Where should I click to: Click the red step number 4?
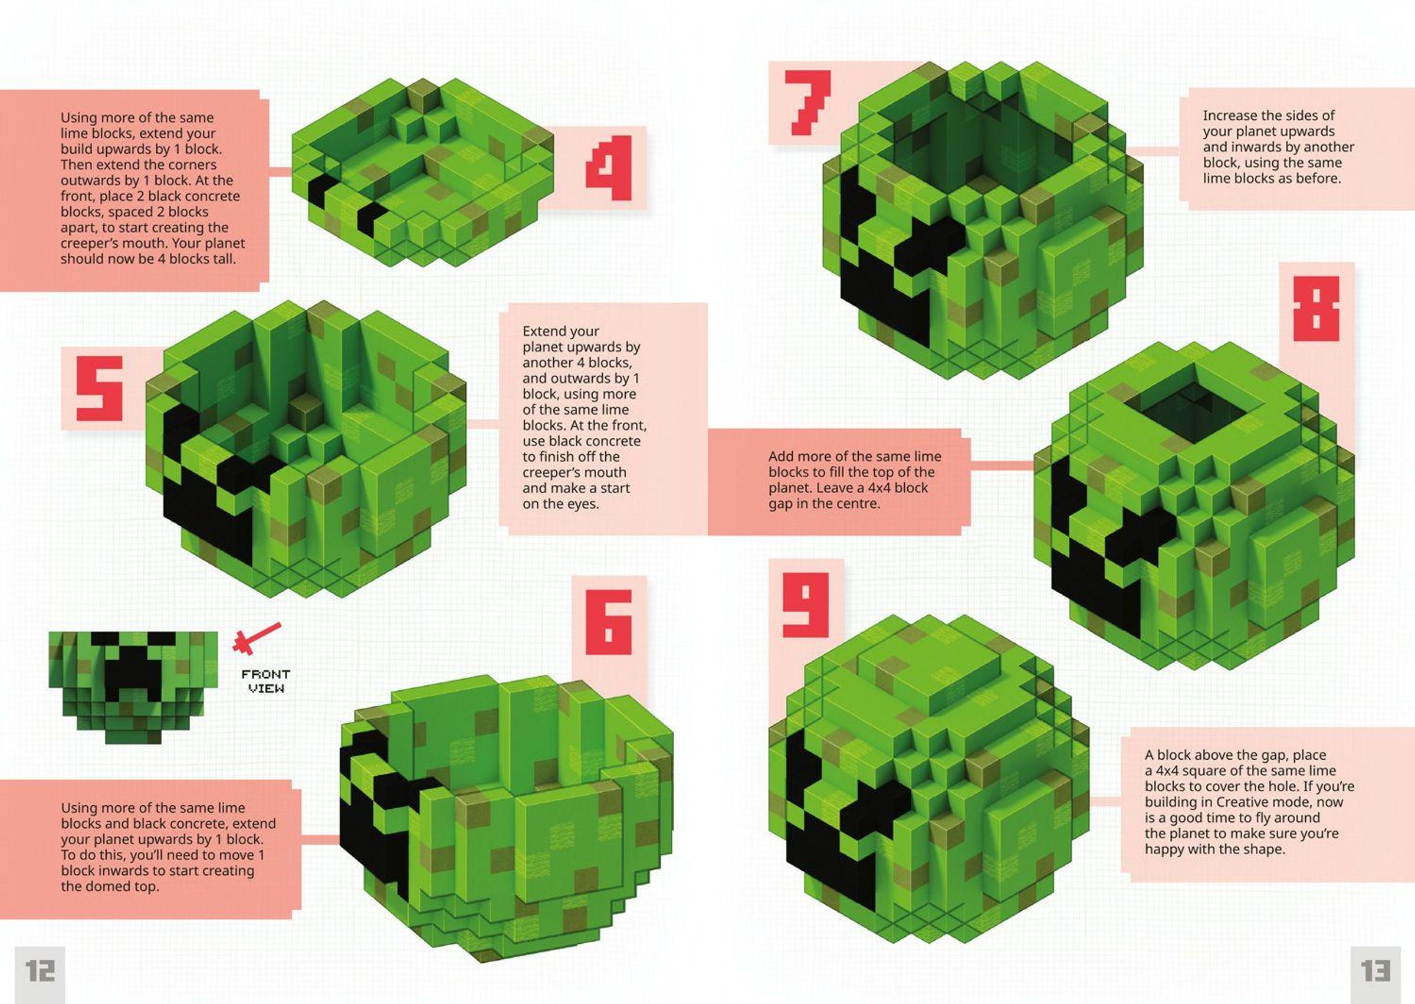click(609, 168)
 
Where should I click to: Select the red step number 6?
click(609, 622)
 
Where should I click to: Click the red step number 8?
click(1316, 308)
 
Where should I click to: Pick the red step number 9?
click(806, 605)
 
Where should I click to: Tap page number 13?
click(1375, 970)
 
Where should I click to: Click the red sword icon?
click(256, 638)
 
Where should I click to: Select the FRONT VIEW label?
click(266, 681)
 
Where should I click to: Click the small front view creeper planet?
click(133, 687)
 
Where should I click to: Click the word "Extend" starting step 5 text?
click(544, 332)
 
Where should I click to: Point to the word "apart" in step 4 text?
click(78, 228)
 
